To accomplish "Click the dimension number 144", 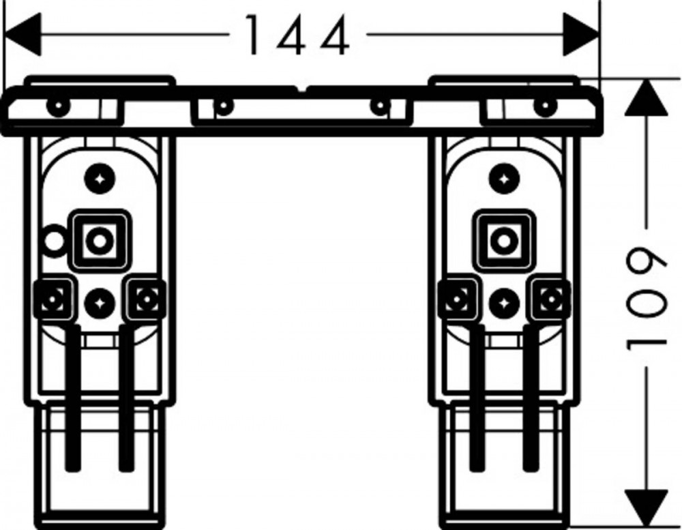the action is click(x=298, y=35).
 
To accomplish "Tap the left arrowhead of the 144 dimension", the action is click(x=23, y=34).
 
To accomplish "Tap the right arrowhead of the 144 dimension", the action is click(x=581, y=34).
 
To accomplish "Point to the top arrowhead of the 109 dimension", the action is click(x=647, y=98).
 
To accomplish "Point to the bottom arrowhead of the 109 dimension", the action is click(x=647, y=507).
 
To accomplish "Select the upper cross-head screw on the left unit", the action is click(x=100, y=179).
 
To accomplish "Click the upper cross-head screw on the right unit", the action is click(x=504, y=179).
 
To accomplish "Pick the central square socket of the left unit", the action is click(x=100, y=240).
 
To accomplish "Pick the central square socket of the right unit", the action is click(x=504, y=240).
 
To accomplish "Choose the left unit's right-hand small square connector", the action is click(x=146, y=299).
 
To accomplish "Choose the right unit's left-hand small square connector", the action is click(x=457, y=299).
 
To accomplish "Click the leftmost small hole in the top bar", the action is click(x=57, y=105).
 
